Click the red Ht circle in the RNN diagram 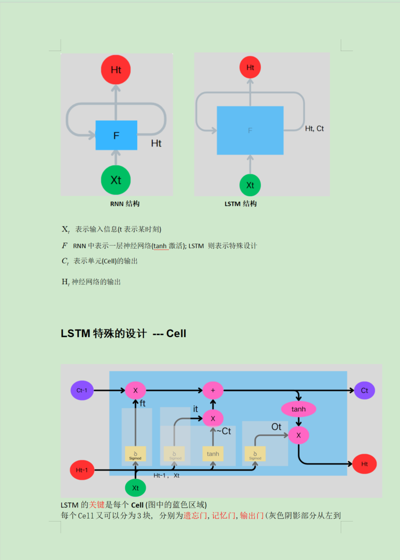click(116, 70)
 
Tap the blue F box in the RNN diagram click(116, 135)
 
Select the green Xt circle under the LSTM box click(250, 185)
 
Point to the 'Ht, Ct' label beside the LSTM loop click(314, 129)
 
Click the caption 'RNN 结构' click(125, 204)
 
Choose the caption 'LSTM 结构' click(241, 204)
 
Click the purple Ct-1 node click(82, 391)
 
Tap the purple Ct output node click(365, 391)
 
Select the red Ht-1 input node click(82, 470)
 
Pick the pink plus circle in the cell click(213, 390)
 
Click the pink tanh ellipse click(299, 409)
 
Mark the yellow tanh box click(213, 454)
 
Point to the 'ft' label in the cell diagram click(143, 403)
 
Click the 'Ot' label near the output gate click(276, 427)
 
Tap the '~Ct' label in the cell click(223, 431)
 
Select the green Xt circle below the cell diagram click(135, 488)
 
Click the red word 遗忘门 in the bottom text click(194, 516)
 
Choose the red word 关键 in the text click(96, 505)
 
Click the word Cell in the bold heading click(176, 334)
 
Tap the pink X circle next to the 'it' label click(213, 418)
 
